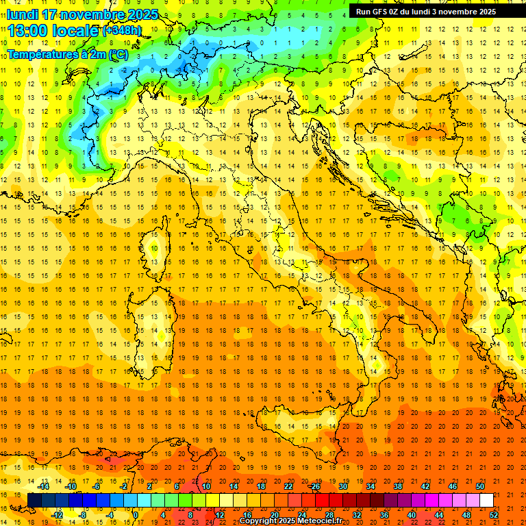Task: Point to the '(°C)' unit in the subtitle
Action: pyautogui.click(x=118, y=54)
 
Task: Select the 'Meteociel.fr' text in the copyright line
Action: pyautogui.click(x=325, y=521)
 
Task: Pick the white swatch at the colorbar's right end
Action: pyautogui.click(x=486, y=500)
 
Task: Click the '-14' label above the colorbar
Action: pyautogui.click(x=43, y=486)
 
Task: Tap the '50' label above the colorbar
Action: pyautogui.click(x=480, y=486)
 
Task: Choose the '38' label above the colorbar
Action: pyautogui.click(x=398, y=486)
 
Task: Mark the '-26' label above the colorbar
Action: pyautogui.click(x=314, y=486)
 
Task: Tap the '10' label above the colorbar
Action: pyautogui.click(x=205, y=486)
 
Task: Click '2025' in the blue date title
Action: pyautogui.click(x=142, y=14)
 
